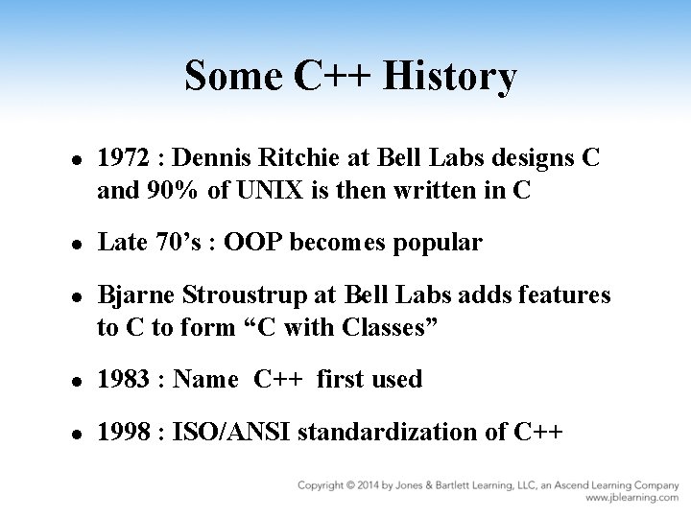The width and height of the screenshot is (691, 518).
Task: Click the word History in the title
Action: click(x=450, y=78)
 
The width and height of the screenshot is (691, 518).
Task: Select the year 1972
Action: click(x=123, y=158)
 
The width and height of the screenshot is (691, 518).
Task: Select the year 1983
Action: click(x=123, y=379)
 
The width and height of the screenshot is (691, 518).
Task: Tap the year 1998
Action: click(x=123, y=432)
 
